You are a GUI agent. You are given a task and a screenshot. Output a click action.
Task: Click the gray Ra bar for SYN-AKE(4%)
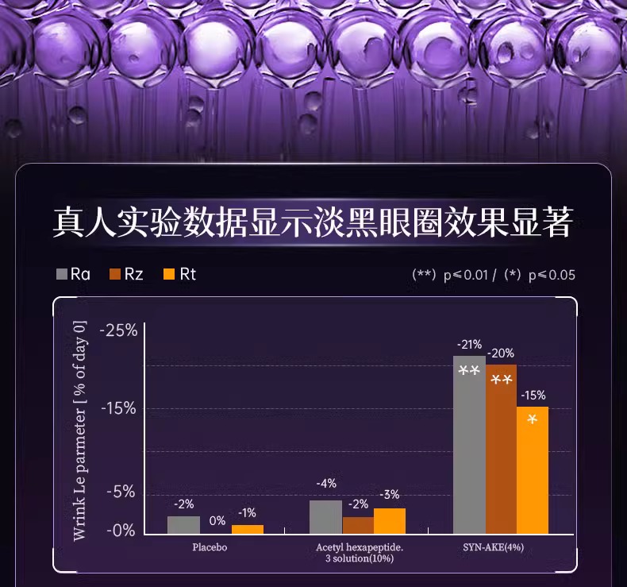469,445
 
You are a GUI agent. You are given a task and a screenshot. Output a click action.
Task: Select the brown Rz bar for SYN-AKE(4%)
501,449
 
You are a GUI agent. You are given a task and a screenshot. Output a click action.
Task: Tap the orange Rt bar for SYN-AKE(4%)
533,469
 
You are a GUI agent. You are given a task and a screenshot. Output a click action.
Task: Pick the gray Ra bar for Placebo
183,524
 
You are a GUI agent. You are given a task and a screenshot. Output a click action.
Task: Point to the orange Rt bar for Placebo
247,528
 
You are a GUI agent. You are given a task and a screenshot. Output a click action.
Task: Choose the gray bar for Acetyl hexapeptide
325,516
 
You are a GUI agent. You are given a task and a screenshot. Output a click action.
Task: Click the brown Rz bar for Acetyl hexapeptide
358,524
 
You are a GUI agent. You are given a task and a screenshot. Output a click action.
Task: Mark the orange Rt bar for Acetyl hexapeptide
390,520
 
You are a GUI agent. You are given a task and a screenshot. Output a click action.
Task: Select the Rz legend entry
126,275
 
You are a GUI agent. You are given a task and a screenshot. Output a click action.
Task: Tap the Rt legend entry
179,275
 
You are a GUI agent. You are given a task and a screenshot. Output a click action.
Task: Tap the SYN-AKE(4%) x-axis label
494,548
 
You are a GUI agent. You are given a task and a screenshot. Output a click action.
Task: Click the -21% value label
469,345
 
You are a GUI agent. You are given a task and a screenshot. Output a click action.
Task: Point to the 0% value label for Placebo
217,520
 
